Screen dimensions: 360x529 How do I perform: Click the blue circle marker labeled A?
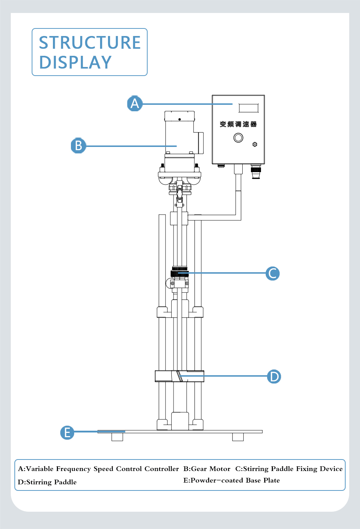click(135, 103)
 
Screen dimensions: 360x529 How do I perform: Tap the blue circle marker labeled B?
click(78, 146)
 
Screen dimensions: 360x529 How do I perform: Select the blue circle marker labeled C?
click(273, 273)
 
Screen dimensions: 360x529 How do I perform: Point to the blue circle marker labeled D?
click(274, 376)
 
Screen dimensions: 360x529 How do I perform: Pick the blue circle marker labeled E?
click(67, 432)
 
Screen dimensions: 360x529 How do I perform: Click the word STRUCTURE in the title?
click(90, 43)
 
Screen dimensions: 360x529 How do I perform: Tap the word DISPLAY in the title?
click(75, 62)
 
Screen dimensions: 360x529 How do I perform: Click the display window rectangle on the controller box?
click(248, 108)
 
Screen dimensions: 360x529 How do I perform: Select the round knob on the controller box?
click(238, 138)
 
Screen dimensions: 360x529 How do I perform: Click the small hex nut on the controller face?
click(255, 144)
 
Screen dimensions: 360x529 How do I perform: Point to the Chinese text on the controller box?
click(238, 124)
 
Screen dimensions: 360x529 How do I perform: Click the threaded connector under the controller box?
click(256, 172)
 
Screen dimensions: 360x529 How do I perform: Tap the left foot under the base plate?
click(117, 437)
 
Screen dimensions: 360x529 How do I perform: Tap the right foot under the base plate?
click(238, 437)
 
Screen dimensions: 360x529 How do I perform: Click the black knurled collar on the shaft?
click(180, 272)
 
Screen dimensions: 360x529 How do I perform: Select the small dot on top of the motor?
click(179, 119)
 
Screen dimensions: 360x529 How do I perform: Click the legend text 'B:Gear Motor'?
click(207, 469)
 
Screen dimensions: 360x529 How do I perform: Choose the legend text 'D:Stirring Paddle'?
click(47, 482)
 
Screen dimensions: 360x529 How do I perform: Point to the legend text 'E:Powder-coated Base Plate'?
click(231, 480)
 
